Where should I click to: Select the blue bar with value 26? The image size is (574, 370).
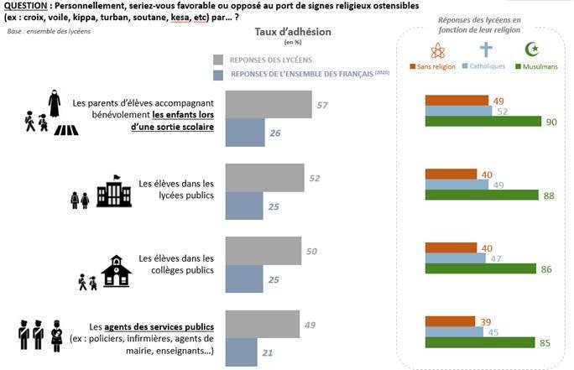click(x=245, y=133)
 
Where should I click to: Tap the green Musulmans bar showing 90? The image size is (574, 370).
click(x=483, y=121)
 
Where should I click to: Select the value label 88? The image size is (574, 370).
click(x=550, y=195)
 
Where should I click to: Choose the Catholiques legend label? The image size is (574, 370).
click(x=488, y=65)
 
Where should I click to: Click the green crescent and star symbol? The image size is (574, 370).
click(x=531, y=50)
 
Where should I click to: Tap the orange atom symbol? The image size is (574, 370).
click(x=436, y=50)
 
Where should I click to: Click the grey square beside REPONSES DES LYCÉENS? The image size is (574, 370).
click(x=219, y=60)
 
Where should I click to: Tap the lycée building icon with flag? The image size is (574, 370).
click(x=113, y=191)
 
